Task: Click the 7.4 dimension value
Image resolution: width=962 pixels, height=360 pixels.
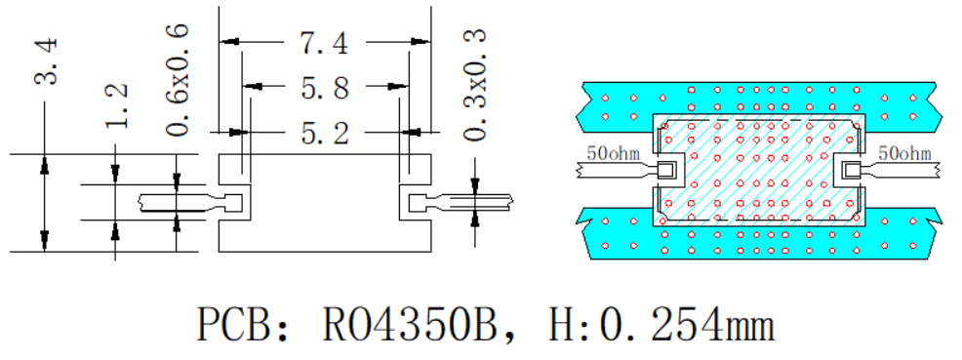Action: (x=324, y=43)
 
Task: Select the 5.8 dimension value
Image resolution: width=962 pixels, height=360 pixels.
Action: (x=325, y=88)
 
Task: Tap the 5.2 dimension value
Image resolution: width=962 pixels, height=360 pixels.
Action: (x=325, y=132)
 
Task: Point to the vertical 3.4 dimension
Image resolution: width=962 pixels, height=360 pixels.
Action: (x=47, y=60)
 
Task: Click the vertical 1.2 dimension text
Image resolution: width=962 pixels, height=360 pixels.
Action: (x=116, y=104)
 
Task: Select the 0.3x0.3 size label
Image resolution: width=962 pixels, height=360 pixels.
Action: (x=475, y=83)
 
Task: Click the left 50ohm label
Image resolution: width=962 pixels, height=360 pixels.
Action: (x=614, y=152)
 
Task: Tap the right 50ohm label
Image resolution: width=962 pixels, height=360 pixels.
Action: (x=905, y=152)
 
